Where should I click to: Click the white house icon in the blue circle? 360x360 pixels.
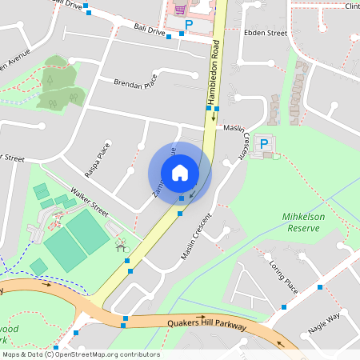(x=180, y=172)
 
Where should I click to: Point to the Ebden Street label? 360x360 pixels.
(x=265, y=33)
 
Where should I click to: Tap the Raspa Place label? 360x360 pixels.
(x=97, y=161)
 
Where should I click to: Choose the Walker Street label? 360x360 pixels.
(x=89, y=199)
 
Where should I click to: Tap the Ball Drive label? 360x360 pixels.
(x=150, y=30)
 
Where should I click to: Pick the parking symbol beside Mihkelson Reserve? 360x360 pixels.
(x=264, y=144)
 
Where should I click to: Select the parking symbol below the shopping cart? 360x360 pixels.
(x=190, y=26)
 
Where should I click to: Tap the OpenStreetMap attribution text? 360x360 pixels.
(x=81, y=354)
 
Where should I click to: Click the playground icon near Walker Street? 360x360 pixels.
(x=122, y=244)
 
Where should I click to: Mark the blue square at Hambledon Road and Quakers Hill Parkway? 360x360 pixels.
(x=125, y=318)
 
